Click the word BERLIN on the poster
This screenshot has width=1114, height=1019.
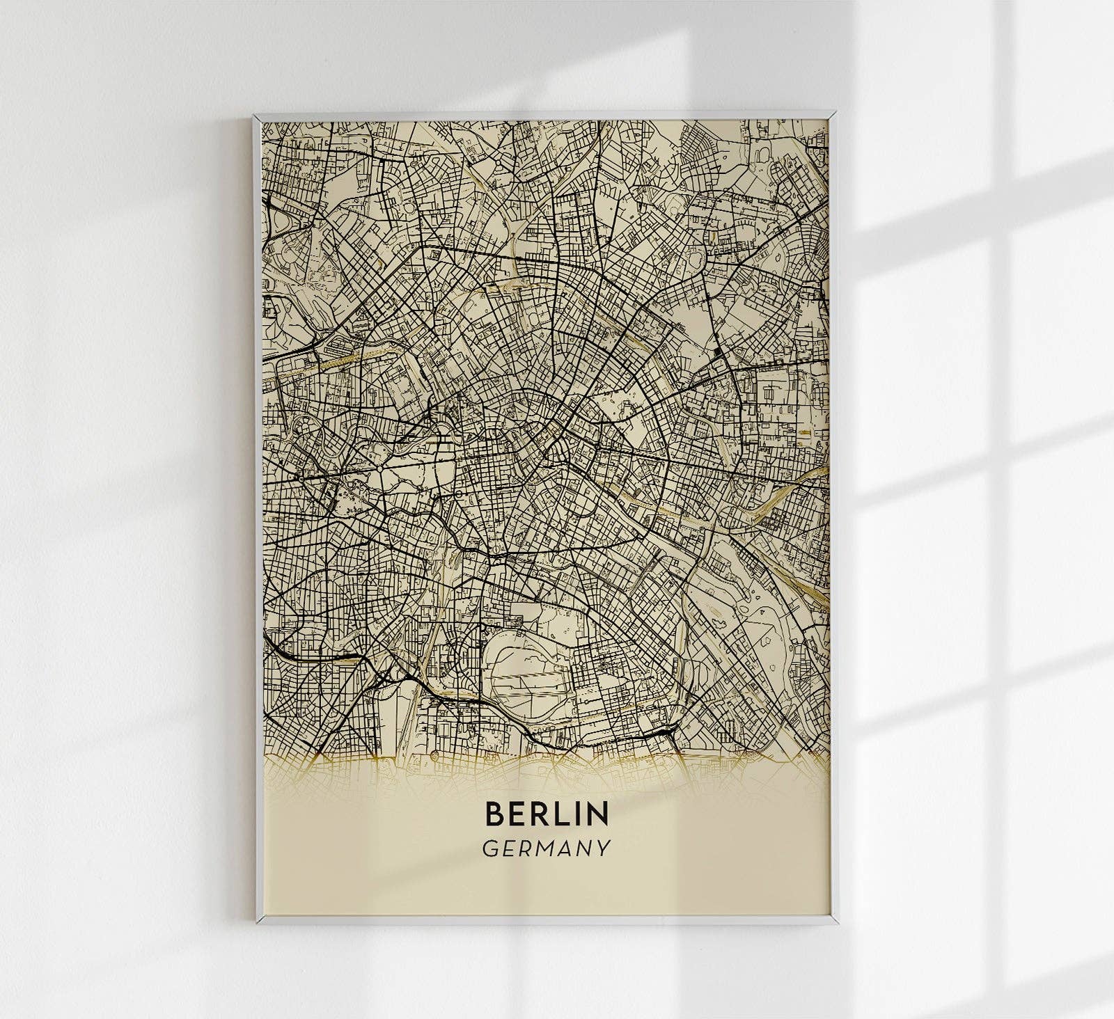[x=546, y=812]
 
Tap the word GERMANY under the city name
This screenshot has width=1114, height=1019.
[x=546, y=848]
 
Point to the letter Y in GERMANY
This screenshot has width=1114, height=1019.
[x=604, y=848]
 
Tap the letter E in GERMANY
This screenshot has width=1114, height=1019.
[x=506, y=848]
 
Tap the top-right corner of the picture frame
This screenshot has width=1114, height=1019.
[x=834, y=111]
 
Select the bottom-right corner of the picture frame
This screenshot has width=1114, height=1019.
[x=837, y=924]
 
